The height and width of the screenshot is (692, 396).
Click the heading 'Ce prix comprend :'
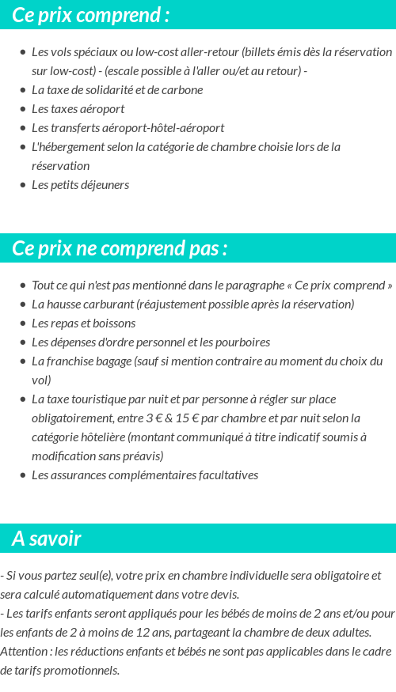[90, 15]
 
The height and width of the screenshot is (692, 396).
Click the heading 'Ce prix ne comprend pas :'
[120, 248]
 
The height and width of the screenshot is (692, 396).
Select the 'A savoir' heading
[47, 539]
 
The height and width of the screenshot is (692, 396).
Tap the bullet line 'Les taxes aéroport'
[78, 108]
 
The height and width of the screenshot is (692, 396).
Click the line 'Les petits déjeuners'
[80, 185]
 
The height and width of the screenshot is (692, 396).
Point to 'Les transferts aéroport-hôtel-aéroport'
[128, 127]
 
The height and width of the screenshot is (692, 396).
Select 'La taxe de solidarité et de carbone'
[117, 89]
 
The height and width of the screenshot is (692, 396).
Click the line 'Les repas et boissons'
[83, 323]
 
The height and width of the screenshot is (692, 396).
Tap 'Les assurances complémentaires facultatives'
[144, 475]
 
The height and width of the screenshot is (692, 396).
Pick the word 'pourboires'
[244, 342]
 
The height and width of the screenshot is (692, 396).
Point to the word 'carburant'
[109, 304]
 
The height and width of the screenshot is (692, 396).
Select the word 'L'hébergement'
[65, 146]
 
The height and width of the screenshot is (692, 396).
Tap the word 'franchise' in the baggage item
[72, 361]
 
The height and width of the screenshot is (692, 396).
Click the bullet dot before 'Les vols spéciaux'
[22, 52]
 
